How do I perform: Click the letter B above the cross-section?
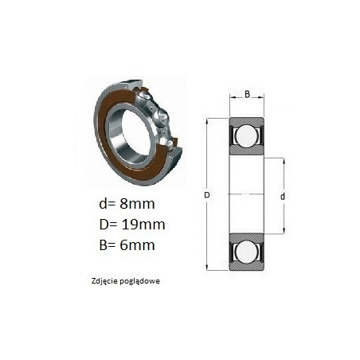(x=247, y=94)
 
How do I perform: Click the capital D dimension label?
(x=207, y=195)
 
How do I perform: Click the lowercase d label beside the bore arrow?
(x=283, y=197)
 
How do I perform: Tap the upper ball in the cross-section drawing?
(x=247, y=135)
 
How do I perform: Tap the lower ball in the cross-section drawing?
(x=247, y=251)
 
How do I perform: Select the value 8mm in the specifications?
(x=137, y=204)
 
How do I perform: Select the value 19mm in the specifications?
(x=143, y=225)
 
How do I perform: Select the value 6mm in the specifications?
(x=137, y=245)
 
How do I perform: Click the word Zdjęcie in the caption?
(x=104, y=281)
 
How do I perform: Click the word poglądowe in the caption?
(x=140, y=281)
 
